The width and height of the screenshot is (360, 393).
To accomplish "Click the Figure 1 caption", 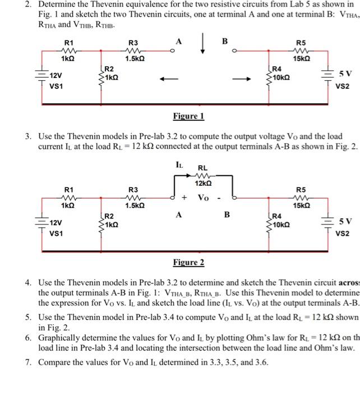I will click(x=188, y=116).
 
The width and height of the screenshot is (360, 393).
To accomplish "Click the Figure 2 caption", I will click(x=188, y=262).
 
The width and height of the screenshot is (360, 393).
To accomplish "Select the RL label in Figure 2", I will click(x=202, y=167).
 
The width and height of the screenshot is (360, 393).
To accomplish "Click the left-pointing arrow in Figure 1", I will click(x=167, y=79).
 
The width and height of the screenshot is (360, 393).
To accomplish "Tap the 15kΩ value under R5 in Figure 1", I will click(x=302, y=58).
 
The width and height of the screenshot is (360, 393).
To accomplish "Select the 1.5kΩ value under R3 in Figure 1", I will click(x=133, y=58).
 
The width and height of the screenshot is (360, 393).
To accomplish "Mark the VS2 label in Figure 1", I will click(x=342, y=87).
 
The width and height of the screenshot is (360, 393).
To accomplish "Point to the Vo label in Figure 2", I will click(x=203, y=198).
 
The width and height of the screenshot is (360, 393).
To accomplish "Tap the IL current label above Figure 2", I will click(x=179, y=164).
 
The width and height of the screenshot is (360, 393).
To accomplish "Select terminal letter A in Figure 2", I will click(x=179, y=213).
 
